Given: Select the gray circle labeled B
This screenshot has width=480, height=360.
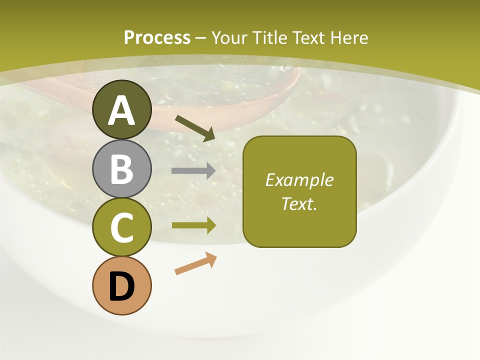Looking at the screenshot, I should pyautogui.click(x=121, y=168).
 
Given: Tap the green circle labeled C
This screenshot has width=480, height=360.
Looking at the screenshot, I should pyautogui.click(x=121, y=227).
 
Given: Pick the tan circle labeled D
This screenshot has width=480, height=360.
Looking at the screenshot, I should pyautogui.click(x=121, y=285).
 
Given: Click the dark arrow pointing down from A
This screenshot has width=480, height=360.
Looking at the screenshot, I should pyautogui.click(x=195, y=128).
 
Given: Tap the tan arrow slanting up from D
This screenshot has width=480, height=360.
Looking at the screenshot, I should pyautogui.click(x=195, y=263).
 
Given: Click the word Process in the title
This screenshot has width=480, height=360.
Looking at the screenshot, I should pyautogui.click(x=157, y=38).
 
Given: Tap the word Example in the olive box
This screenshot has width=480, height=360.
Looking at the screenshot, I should pyautogui.click(x=299, y=180).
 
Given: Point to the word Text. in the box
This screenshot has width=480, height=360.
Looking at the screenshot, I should pyautogui.click(x=299, y=203).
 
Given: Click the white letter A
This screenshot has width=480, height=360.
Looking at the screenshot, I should pyautogui.click(x=121, y=110).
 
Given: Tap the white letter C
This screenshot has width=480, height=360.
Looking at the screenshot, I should pyautogui.click(x=121, y=228).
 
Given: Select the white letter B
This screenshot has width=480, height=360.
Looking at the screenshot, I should pyautogui.click(x=121, y=169).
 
